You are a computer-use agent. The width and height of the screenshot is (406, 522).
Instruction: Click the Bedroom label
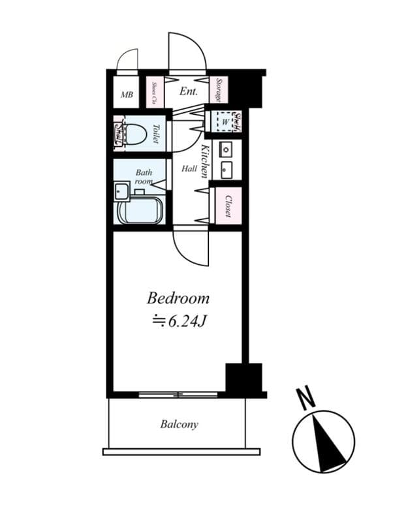[178, 299]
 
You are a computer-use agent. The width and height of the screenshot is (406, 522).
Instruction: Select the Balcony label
[179, 424]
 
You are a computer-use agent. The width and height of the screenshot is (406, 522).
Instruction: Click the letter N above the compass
[303, 397]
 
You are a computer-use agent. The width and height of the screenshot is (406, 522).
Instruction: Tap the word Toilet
[156, 134]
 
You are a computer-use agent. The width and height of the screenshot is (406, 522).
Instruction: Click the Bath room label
[144, 177]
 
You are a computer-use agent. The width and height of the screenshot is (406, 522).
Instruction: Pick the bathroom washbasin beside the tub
[121, 191]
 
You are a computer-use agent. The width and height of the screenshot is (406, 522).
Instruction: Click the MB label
[127, 95]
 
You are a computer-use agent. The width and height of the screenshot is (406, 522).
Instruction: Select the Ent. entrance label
[189, 92]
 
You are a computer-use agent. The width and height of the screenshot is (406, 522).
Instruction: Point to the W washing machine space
[223, 121]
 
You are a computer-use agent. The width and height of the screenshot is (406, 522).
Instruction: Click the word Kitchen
[204, 161]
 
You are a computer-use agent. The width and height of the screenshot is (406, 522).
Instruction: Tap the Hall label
[189, 168]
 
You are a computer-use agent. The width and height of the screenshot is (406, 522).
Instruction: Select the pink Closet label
[228, 206]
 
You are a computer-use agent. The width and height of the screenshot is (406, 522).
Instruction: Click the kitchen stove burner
[226, 149]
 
